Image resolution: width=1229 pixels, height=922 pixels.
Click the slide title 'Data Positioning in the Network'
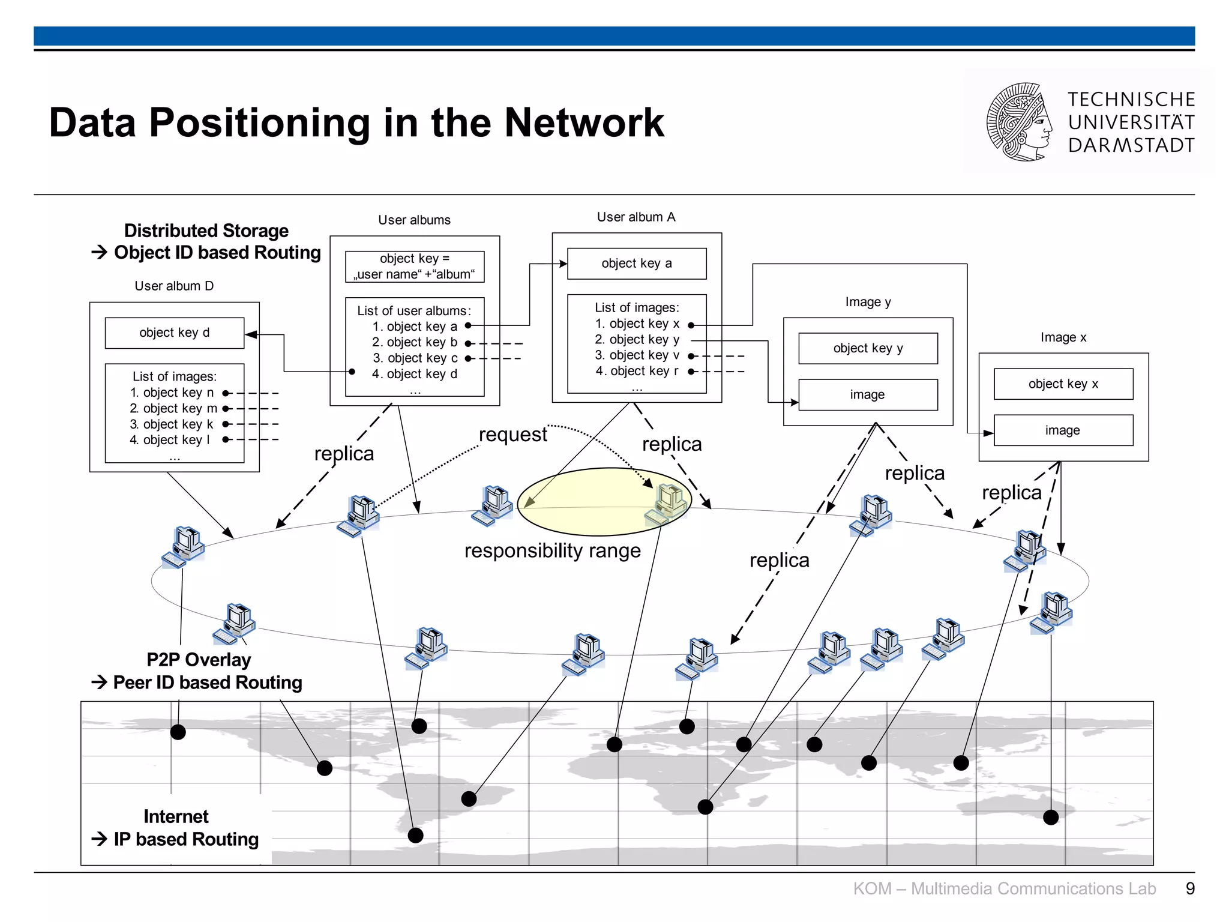[x=356, y=122]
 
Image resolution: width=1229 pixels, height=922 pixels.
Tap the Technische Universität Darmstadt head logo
[x=1020, y=122]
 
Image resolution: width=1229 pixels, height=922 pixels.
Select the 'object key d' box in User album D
[x=174, y=333]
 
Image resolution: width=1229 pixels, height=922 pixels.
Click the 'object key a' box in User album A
[x=636, y=264]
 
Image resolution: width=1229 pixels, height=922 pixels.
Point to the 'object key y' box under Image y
[x=867, y=348]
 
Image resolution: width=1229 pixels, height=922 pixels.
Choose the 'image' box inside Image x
[x=1063, y=430]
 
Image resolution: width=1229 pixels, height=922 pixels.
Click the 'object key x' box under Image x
[x=1063, y=384]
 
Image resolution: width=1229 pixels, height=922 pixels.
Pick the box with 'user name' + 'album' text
[x=414, y=267]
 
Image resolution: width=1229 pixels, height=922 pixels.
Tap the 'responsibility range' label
[x=552, y=550]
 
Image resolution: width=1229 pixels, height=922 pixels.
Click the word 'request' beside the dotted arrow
[x=512, y=434]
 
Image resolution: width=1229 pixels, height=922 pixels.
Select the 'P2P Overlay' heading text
[x=199, y=660]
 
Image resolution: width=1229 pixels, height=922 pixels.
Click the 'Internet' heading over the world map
[x=176, y=816]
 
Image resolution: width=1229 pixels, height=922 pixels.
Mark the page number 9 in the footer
[x=1189, y=888]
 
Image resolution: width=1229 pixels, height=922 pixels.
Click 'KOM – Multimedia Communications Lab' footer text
[x=1004, y=888]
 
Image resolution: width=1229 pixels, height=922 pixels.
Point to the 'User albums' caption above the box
[x=414, y=220]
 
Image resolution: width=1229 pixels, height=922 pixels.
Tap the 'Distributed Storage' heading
[x=206, y=230]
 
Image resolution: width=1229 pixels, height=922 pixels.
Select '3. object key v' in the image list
[x=637, y=355]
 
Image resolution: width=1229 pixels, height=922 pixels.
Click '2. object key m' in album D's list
[x=173, y=409]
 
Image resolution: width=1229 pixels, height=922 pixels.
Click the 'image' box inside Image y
[x=867, y=395]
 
